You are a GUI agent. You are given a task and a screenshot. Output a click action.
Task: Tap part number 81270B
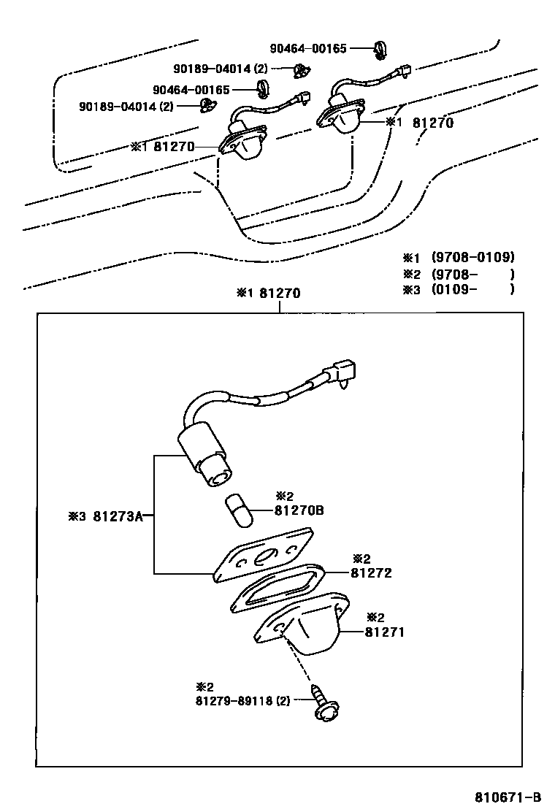tap(299, 510)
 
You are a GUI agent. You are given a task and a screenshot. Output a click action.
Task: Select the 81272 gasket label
tap(371, 573)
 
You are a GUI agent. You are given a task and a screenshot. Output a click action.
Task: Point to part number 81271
tap(384, 632)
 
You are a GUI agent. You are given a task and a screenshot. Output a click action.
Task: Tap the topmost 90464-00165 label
tap(309, 49)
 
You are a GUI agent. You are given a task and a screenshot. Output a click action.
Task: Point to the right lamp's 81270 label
tap(432, 123)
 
